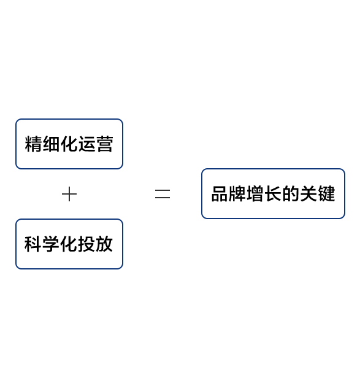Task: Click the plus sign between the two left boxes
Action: [69, 194]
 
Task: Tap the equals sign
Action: [163, 194]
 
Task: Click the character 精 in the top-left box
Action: [33, 144]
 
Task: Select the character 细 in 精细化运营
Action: [52, 144]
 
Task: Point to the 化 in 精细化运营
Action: [69, 144]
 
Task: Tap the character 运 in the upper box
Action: [87, 144]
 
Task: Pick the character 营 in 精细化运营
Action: [105, 144]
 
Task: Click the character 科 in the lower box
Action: [33, 244]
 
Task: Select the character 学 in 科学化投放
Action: [51, 244]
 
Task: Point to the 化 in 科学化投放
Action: [69, 244]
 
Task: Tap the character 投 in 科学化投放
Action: [87, 244]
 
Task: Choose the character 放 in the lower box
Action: [105, 244]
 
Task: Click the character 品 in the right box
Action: [220, 194]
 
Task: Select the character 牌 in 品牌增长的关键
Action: [237, 194]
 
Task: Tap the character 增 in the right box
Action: [255, 194]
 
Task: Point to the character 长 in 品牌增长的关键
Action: [274, 194]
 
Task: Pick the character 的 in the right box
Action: [291, 194]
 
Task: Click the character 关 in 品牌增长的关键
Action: [309, 194]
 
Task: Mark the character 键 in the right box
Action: [327, 194]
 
